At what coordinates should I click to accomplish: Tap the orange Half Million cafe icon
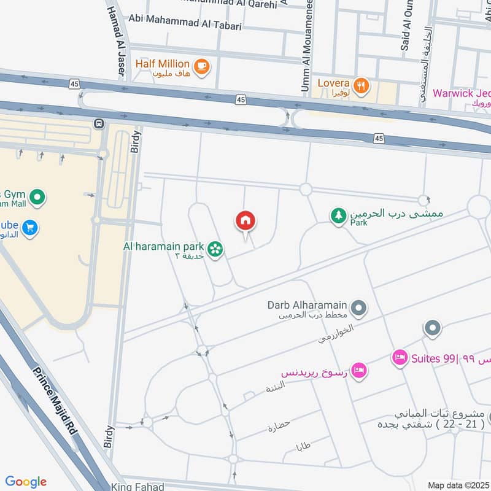(x=201, y=65)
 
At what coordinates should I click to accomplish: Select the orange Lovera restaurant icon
(x=361, y=85)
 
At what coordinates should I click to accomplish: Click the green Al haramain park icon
(x=214, y=249)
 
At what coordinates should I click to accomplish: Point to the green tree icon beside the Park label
(x=338, y=215)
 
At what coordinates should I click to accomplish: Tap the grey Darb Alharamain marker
(x=360, y=307)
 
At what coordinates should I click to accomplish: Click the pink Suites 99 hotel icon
(x=400, y=357)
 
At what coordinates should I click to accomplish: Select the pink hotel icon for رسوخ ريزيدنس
(x=360, y=370)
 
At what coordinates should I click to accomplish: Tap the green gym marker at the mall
(x=37, y=198)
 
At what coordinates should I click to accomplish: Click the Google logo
(x=26, y=482)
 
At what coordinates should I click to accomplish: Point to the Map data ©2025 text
(x=457, y=485)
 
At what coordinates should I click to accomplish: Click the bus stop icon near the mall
(x=99, y=124)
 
